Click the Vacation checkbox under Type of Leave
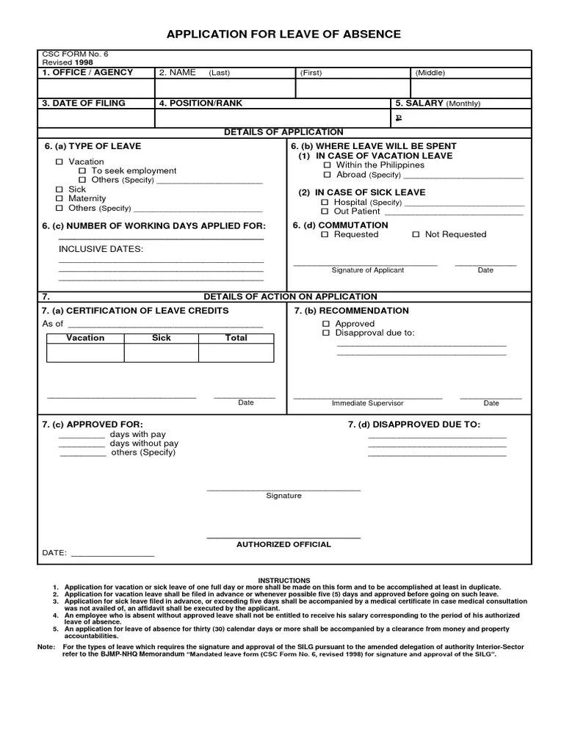pos(59,162)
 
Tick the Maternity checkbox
pos(59,199)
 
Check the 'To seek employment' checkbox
pos(82,171)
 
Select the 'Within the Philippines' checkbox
pos(328,165)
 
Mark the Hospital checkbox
pos(325,202)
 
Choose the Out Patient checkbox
pos(325,211)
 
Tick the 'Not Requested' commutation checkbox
pos(416,234)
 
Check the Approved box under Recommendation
pos(327,324)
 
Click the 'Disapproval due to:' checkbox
pos(327,333)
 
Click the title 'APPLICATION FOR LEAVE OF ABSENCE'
pos(283,34)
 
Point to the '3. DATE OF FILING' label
pos(83,104)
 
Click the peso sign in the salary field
pos(399,117)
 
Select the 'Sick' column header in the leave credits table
pos(162,338)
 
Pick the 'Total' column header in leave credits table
pos(236,338)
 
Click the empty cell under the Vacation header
pos(85,352)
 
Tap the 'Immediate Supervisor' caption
pos(367,403)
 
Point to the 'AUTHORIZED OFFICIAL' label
pos(283,544)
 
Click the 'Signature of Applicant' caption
pos(367,270)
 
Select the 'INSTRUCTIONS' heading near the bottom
pos(284,580)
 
